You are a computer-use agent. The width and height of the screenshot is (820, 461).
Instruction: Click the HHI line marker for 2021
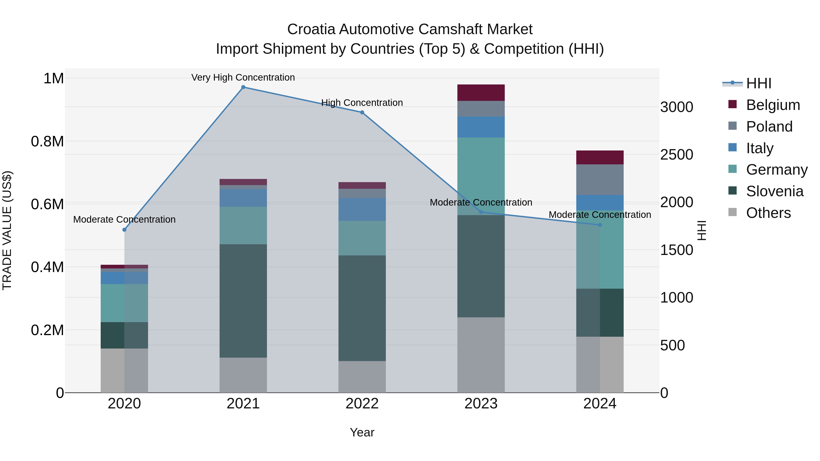tap(243, 87)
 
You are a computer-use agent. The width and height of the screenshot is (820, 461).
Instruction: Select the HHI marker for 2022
tap(362, 112)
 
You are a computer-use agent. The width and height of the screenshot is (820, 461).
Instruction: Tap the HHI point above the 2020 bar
tap(124, 230)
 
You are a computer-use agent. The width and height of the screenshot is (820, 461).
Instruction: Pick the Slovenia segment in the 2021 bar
tap(243, 301)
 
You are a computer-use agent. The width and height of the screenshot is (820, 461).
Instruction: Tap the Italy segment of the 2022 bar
tap(362, 209)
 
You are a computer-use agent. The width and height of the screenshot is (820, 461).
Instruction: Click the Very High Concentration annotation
tap(243, 77)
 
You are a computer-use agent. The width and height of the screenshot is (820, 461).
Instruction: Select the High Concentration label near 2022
tap(362, 103)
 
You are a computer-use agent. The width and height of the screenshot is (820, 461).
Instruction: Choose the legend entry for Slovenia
tap(774, 191)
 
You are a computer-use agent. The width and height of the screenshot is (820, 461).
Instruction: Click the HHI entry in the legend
tap(758, 83)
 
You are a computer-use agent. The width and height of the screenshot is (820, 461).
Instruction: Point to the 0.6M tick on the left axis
tap(47, 204)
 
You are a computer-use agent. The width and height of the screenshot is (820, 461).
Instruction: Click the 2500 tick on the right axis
tap(676, 155)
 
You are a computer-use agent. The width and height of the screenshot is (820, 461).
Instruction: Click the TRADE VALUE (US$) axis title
tap(7, 230)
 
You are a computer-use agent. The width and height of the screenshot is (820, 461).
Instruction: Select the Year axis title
tap(362, 432)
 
